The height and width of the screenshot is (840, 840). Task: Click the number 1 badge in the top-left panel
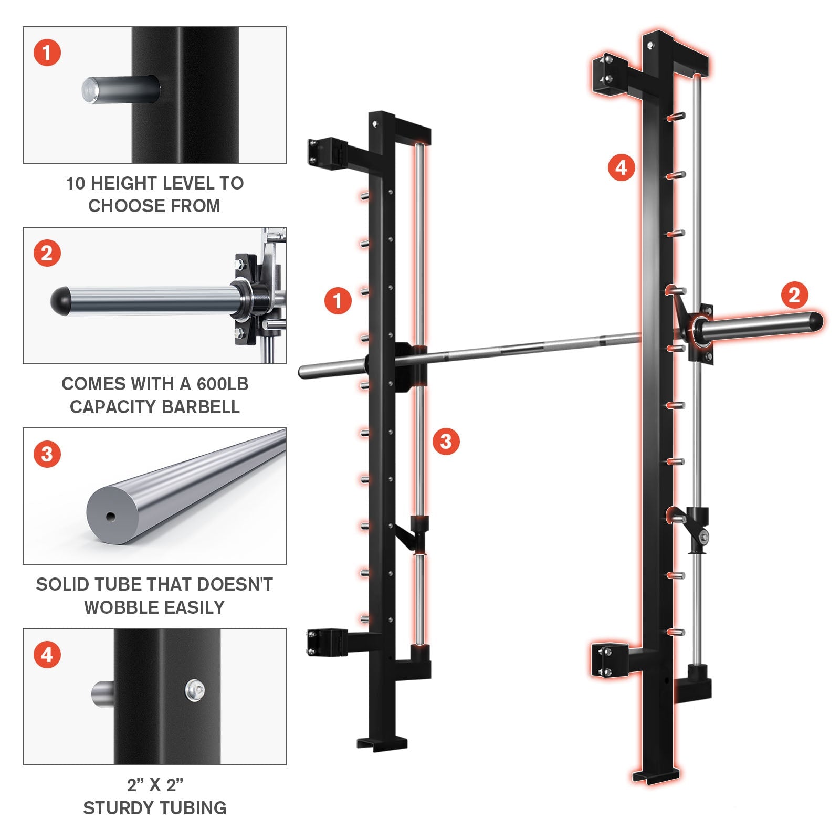click(x=47, y=53)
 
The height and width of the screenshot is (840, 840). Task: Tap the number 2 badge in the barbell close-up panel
click(x=47, y=254)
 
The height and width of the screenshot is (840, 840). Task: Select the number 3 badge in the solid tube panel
click(x=47, y=454)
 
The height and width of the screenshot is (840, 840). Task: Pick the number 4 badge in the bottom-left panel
click(x=47, y=655)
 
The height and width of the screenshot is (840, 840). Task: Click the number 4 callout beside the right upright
click(x=621, y=167)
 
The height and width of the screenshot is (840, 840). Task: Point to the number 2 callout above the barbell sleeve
click(x=795, y=295)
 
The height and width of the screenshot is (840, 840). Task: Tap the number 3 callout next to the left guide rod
click(x=446, y=441)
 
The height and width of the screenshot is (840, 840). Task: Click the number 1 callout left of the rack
click(x=338, y=301)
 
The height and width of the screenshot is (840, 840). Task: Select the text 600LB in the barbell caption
click(x=222, y=384)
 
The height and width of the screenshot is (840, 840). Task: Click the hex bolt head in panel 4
click(x=195, y=689)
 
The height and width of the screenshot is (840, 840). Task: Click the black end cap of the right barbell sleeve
click(x=816, y=321)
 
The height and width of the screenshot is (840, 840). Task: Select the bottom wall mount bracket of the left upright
click(x=324, y=643)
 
